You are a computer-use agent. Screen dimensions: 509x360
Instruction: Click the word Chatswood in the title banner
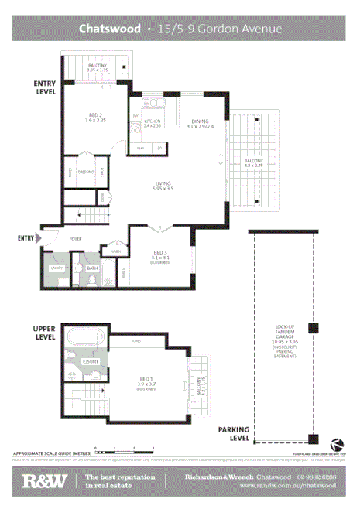pos(108,29)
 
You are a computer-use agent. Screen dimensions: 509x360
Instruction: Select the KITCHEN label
pos(152,122)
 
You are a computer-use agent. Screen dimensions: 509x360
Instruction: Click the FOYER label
pos(76,239)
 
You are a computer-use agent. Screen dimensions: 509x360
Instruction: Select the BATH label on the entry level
pos(92,268)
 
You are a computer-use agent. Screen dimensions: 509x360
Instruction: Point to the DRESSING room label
pos(84,172)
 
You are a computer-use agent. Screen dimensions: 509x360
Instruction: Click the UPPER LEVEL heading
pos(45,333)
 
